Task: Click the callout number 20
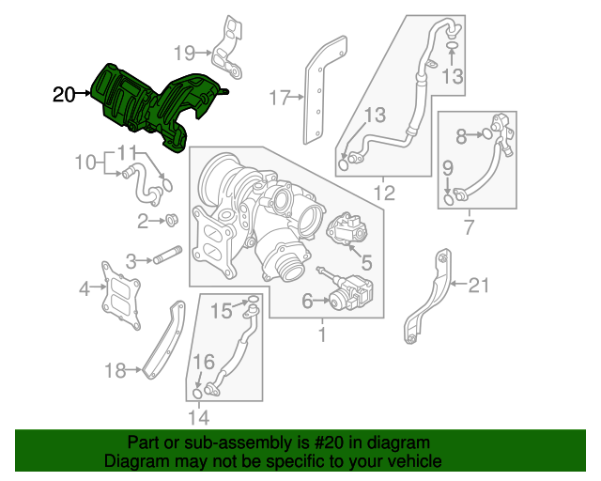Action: tap(64, 94)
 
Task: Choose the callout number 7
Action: tap(469, 226)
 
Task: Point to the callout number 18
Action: tap(115, 371)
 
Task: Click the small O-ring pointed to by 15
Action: tap(252, 301)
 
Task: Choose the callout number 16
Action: tap(203, 362)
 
